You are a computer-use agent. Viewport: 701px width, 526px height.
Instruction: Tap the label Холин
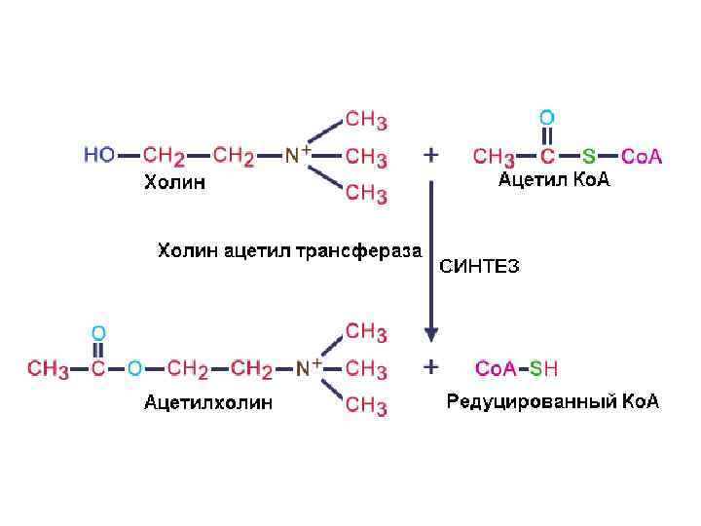174,182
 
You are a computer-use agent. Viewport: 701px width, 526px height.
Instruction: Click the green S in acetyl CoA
589,156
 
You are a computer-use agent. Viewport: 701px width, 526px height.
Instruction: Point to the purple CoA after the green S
642,156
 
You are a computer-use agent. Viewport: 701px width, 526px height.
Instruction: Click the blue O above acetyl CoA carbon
547,117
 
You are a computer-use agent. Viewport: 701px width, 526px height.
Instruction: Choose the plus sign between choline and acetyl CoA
431,155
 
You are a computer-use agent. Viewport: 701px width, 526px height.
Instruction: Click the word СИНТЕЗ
480,266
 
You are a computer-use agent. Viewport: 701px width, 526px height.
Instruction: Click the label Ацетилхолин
208,400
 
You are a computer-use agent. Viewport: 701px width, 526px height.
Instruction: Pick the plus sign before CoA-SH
431,367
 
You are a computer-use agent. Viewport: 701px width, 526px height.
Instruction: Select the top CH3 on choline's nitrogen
366,121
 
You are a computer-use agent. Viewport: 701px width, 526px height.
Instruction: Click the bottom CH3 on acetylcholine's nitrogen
366,404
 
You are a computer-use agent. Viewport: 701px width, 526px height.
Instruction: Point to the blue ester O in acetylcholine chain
134,368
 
